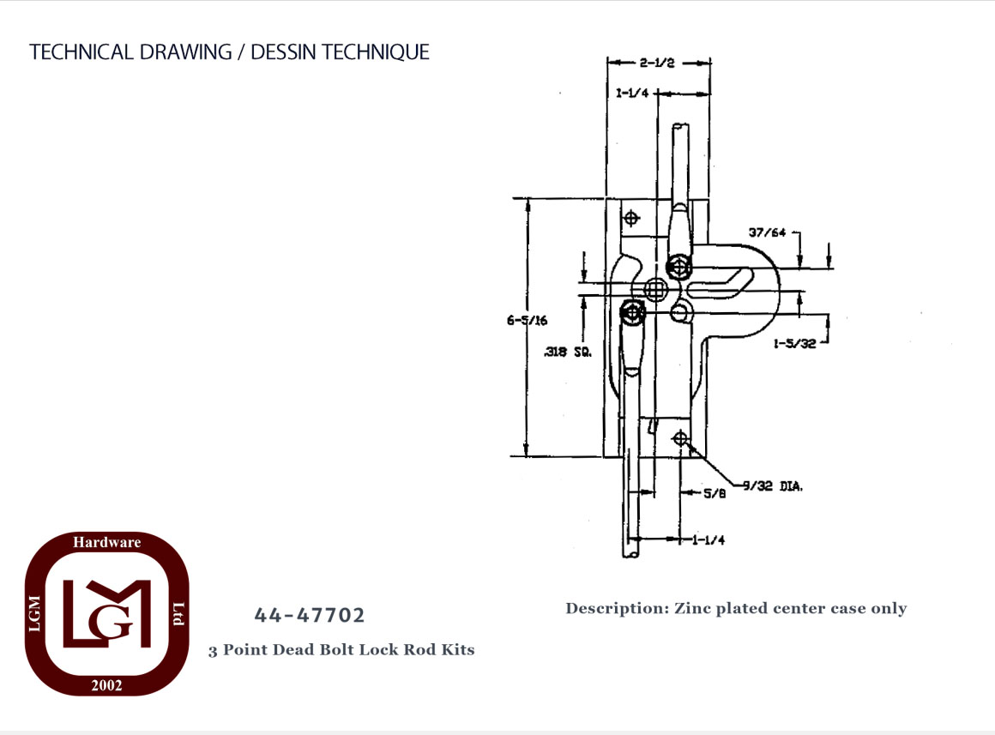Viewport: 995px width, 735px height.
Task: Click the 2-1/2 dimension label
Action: coord(657,63)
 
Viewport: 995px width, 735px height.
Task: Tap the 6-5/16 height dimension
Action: coord(527,321)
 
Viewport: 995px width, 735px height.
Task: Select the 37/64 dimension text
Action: coord(767,232)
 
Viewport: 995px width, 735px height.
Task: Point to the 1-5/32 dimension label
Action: coord(794,344)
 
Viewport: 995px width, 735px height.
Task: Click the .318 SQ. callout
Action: coord(568,352)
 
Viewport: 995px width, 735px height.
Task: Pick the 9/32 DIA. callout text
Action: coord(773,486)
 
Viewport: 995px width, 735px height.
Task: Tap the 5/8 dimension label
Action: coord(715,493)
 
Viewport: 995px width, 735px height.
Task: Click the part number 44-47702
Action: coord(310,615)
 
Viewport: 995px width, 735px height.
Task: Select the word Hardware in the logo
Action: coord(106,542)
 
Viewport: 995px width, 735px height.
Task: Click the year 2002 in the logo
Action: coord(106,685)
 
